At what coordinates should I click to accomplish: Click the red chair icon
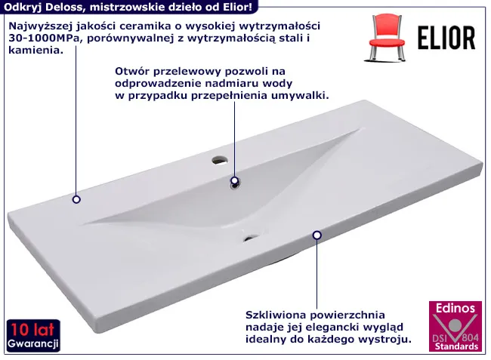(387, 38)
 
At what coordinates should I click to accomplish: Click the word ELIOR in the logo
(446, 38)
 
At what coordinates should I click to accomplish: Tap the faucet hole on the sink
(220, 161)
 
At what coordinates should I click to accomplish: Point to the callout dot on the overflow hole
(234, 180)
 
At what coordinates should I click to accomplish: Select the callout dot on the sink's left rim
(76, 199)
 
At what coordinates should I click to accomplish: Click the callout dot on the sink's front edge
(317, 235)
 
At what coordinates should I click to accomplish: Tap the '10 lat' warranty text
(32, 330)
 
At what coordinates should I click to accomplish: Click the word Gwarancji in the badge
(33, 343)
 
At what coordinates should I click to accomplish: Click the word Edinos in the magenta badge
(455, 308)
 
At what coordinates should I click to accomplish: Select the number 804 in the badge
(471, 337)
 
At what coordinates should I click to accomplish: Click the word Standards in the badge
(456, 346)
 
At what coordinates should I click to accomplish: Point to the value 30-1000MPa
(44, 38)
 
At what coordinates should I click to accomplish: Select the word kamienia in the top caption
(34, 50)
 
